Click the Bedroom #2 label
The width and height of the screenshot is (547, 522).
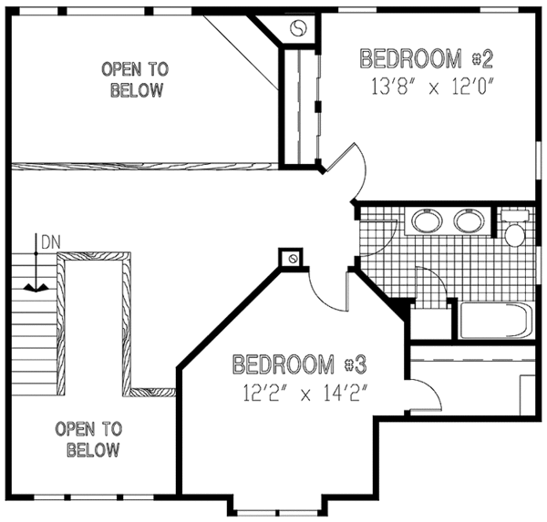(x=427, y=60)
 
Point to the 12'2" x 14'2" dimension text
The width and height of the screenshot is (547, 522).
(x=299, y=396)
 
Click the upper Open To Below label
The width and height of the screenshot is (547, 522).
(x=135, y=79)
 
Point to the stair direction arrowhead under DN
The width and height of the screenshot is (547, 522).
(x=36, y=286)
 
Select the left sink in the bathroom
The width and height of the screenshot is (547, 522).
(x=427, y=221)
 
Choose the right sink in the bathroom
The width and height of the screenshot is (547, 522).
(x=468, y=221)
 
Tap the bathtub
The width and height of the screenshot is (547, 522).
(x=495, y=320)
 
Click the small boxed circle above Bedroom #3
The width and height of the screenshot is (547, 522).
(x=293, y=260)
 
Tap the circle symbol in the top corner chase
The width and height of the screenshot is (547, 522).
(x=298, y=28)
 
